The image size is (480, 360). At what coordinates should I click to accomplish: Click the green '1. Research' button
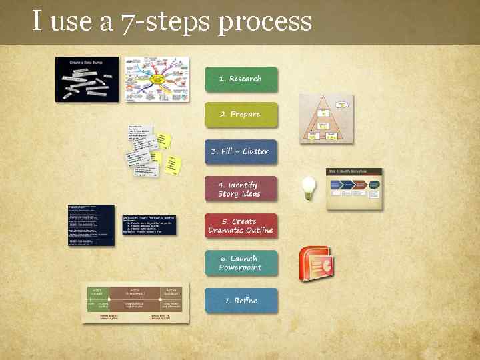point(241,79)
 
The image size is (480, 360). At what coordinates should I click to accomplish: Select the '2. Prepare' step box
point(241,115)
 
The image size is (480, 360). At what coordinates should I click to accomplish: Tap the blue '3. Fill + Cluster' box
point(240,151)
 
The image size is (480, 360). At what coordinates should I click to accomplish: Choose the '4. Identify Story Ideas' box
point(240,189)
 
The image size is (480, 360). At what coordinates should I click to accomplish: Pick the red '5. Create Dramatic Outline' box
point(240,226)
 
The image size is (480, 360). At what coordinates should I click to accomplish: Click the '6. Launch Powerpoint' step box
point(241,263)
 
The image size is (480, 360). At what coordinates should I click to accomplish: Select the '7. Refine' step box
point(241,301)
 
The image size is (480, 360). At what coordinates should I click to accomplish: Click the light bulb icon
point(307,187)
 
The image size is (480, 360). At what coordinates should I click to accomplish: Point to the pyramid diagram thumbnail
point(325,119)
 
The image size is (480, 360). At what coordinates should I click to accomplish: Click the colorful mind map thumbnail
point(157,79)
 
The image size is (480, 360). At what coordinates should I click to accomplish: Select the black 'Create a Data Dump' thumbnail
point(87,79)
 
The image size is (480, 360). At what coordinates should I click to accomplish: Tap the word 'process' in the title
point(265,21)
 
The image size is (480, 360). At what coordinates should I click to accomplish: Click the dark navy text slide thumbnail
point(91,225)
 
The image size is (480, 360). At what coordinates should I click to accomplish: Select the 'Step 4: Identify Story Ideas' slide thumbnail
point(354,188)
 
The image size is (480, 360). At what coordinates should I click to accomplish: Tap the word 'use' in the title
point(72,21)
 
